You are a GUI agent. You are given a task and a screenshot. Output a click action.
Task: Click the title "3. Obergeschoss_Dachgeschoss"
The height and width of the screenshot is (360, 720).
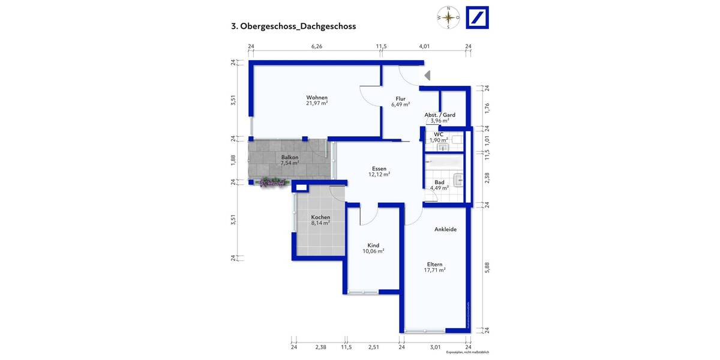(293, 26)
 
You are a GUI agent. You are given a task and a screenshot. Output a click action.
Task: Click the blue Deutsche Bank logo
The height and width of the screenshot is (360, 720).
(478, 17)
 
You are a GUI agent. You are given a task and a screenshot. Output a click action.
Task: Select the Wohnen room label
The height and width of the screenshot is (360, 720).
(317, 98)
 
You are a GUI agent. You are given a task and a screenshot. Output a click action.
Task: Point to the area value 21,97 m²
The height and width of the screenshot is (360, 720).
(317, 104)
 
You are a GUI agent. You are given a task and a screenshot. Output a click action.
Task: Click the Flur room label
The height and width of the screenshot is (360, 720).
(400, 98)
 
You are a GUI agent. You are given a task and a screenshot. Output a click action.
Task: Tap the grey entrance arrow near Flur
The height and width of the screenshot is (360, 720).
(427, 76)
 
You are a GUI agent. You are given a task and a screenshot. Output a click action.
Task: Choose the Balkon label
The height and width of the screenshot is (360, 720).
(290, 157)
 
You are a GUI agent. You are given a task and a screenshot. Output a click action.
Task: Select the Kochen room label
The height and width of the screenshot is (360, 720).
(320, 217)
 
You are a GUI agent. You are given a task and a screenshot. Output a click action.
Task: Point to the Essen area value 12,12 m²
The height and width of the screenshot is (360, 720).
(379, 175)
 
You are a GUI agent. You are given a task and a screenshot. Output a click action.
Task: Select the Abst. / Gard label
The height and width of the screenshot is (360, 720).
(440, 115)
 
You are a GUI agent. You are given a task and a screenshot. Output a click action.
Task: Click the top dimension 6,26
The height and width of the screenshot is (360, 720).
(317, 46)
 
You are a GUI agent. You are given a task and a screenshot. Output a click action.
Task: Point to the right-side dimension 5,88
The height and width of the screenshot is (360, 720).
(488, 268)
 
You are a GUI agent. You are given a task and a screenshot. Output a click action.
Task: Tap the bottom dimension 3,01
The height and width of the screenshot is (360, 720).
(435, 347)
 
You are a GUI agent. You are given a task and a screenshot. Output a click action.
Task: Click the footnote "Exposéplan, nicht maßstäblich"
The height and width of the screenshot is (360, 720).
(467, 353)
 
